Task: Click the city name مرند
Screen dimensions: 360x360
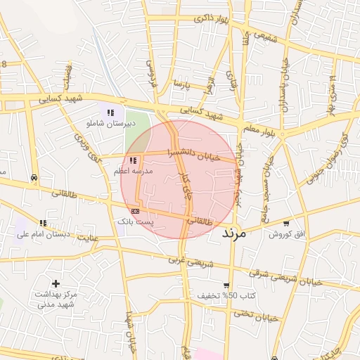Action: pyautogui.click(x=234, y=233)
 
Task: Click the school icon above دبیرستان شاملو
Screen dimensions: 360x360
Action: pyautogui.click(x=110, y=112)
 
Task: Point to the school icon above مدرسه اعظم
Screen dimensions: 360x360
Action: pyautogui.click(x=133, y=161)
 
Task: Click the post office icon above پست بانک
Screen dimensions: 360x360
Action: pyautogui.click(x=135, y=210)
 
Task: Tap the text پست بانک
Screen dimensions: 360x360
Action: pyautogui.click(x=136, y=221)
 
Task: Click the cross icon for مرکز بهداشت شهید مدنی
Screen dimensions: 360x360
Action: pyautogui.click(x=56, y=283)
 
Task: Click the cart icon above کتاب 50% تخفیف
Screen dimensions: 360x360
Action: pyautogui.click(x=226, y=285)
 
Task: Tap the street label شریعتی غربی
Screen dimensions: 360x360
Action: pyautogui.click(x=184, y=259)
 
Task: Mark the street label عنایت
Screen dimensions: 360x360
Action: pyautogui.click(x=88, y=240)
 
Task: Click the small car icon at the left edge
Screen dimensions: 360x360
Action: pyautogui.click(x=34, y=178)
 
